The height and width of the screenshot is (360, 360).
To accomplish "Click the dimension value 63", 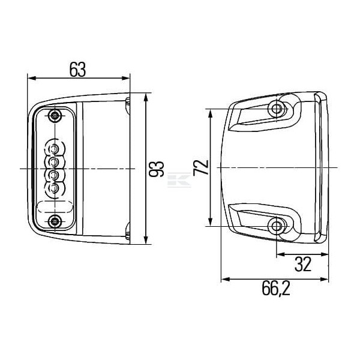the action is point(77,70).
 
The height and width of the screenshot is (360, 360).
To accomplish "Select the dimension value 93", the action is point(156,169).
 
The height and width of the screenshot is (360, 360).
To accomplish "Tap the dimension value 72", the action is point(201,167).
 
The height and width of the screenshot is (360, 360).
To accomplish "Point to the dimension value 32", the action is point(303,264).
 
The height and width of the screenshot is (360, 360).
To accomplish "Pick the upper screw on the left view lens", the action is point(55,115).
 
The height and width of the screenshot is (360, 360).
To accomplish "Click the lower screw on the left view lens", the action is point(55,221).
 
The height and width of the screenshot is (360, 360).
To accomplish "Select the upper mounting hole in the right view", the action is point(277,109).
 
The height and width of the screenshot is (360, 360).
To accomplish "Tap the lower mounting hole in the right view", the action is point(277,226).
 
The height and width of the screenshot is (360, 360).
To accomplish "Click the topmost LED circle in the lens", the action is point(54,148).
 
